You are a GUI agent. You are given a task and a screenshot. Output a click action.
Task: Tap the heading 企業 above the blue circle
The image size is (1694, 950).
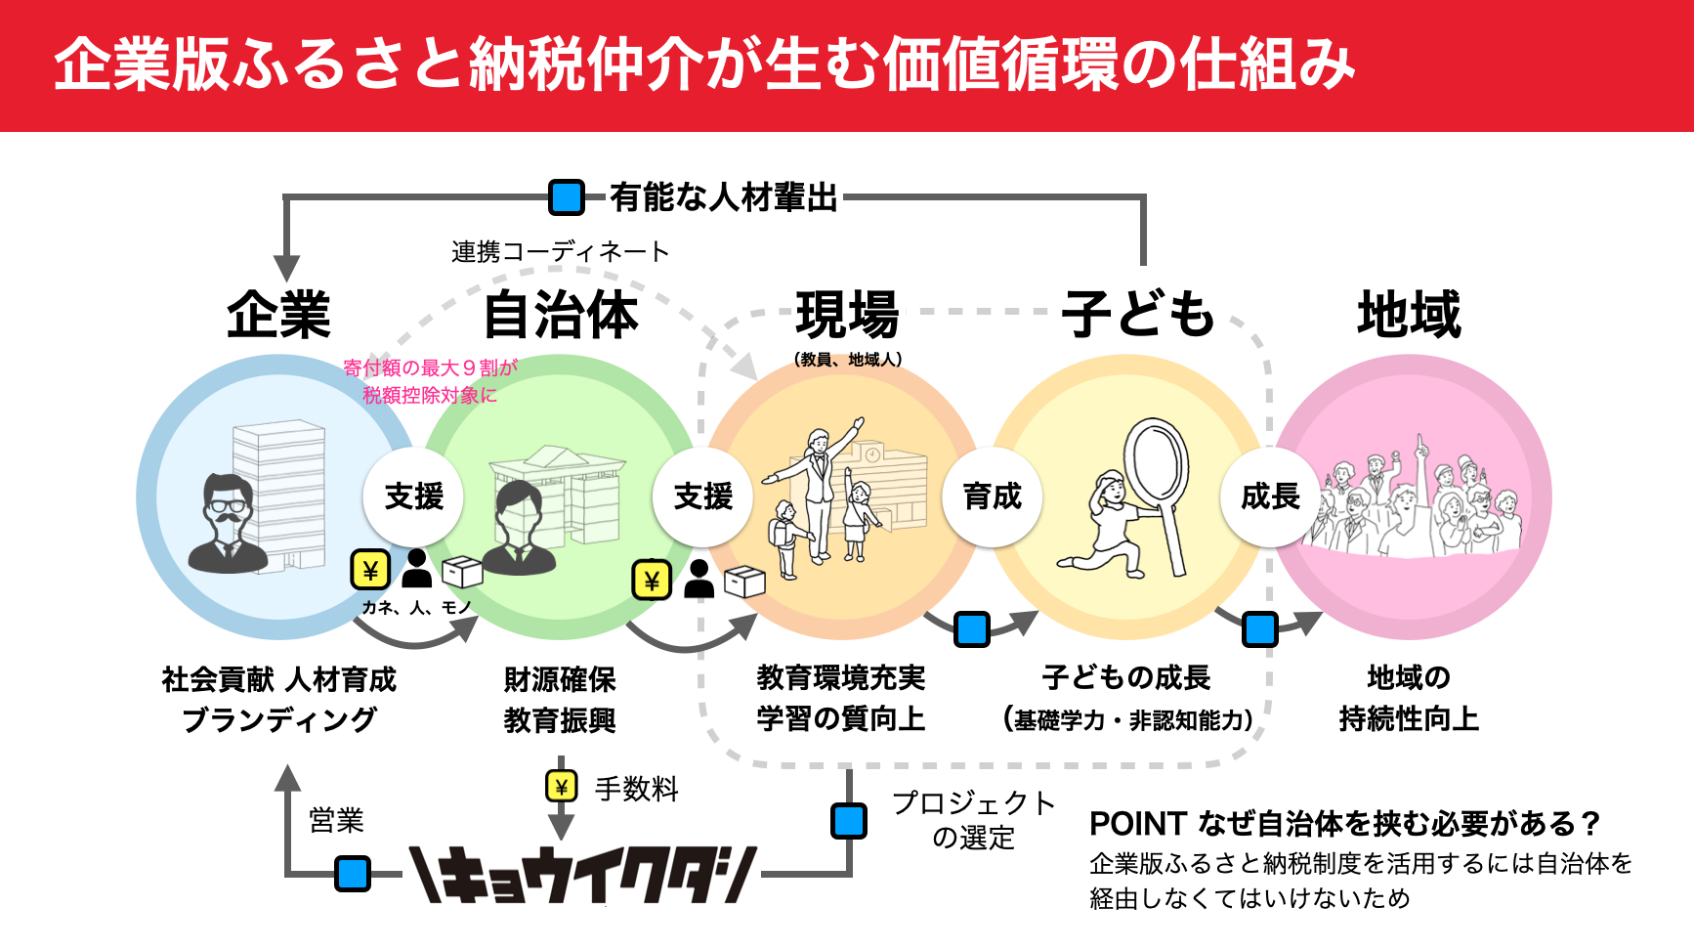tap(279, 315)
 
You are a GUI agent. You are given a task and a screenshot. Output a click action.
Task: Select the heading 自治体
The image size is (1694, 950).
tap(561, 315)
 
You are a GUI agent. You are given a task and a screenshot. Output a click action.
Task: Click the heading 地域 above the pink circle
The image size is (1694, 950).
tap(1409, 315)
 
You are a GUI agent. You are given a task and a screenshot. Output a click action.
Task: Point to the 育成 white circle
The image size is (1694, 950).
tap(992, 497)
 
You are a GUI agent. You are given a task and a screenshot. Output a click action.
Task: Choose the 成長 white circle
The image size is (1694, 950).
tap(1270, 497)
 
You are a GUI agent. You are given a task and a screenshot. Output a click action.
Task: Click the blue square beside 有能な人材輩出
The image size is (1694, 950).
tap(567, 197)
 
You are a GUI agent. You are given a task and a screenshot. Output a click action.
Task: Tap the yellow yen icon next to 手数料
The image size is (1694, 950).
tap(561, 787)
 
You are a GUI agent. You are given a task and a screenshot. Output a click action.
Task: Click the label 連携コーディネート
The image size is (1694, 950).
tap(560, 252)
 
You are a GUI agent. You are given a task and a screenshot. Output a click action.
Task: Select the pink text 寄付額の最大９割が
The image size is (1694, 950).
tap(430, 367)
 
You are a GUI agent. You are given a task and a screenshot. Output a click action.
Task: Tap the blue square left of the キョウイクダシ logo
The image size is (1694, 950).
tap(353, 874)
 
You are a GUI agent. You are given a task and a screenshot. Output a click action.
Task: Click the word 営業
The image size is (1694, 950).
tap(336, 820)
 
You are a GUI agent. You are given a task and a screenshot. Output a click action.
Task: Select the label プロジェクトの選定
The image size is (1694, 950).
tap(973, 819)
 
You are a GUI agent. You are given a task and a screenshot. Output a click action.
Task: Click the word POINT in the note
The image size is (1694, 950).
tap(1137, 824)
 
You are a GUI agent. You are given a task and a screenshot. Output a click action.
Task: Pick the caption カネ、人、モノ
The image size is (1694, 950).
tap(417, 608)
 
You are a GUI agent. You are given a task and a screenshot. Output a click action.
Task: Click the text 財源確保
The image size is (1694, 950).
tap(560, 679)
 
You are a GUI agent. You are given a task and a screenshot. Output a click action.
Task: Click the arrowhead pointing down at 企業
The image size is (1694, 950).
tap(286, 268)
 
